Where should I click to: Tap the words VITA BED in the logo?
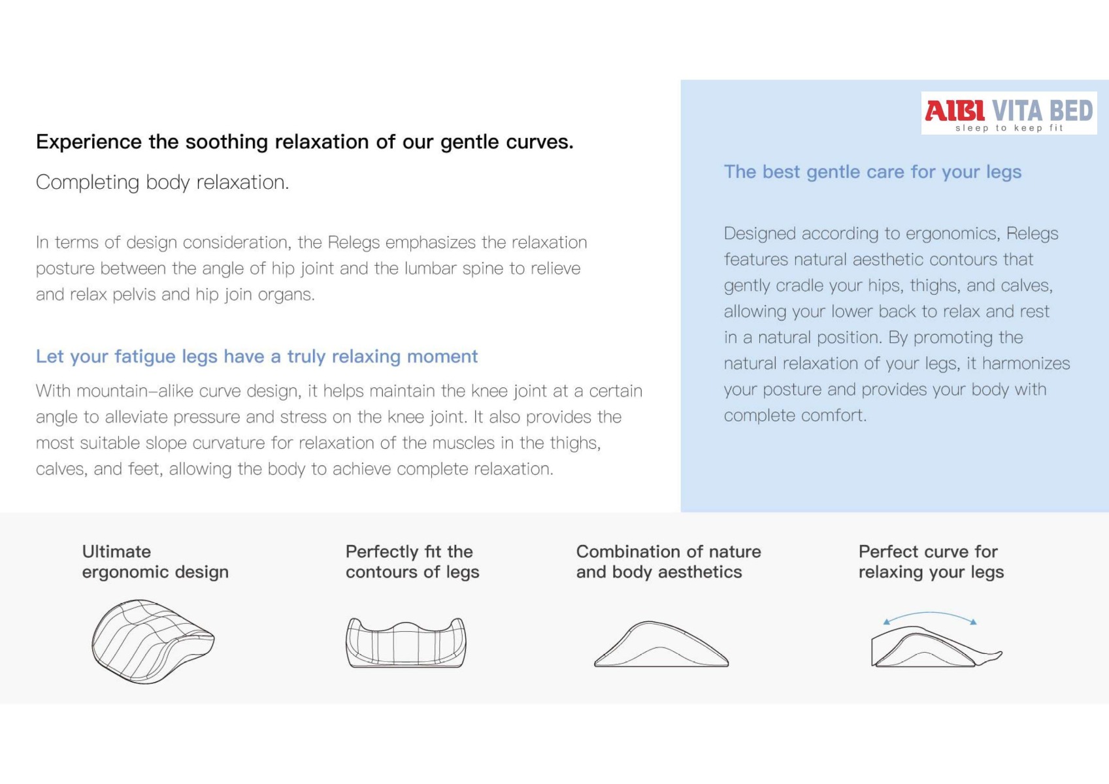tap(1042, 110)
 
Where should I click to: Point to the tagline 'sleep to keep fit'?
tap(1010, 128)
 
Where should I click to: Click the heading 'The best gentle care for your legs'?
tap(872, 172)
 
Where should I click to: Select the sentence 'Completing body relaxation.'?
tap(162, 182)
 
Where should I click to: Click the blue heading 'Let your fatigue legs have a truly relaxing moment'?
tap(256, 356)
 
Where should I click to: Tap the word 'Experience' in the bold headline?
tap(89, 142)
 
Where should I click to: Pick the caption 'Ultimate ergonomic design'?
tap(155, 561)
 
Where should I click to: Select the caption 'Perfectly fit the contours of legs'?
tap(412, 561)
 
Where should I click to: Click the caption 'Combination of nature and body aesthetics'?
tap(669, 561)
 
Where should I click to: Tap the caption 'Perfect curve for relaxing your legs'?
tap(931, 561)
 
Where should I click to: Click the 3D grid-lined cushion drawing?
tap(153, 642)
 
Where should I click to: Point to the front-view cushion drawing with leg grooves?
tap(405, 642)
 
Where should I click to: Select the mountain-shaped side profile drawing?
tap(661, 644)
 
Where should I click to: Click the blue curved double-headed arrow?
tap(930, 613)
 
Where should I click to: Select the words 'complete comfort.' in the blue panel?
tap(795, 416)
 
